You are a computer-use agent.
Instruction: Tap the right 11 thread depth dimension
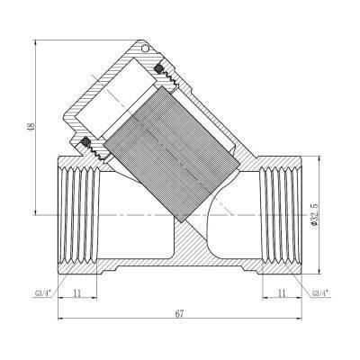click(281, 292)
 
